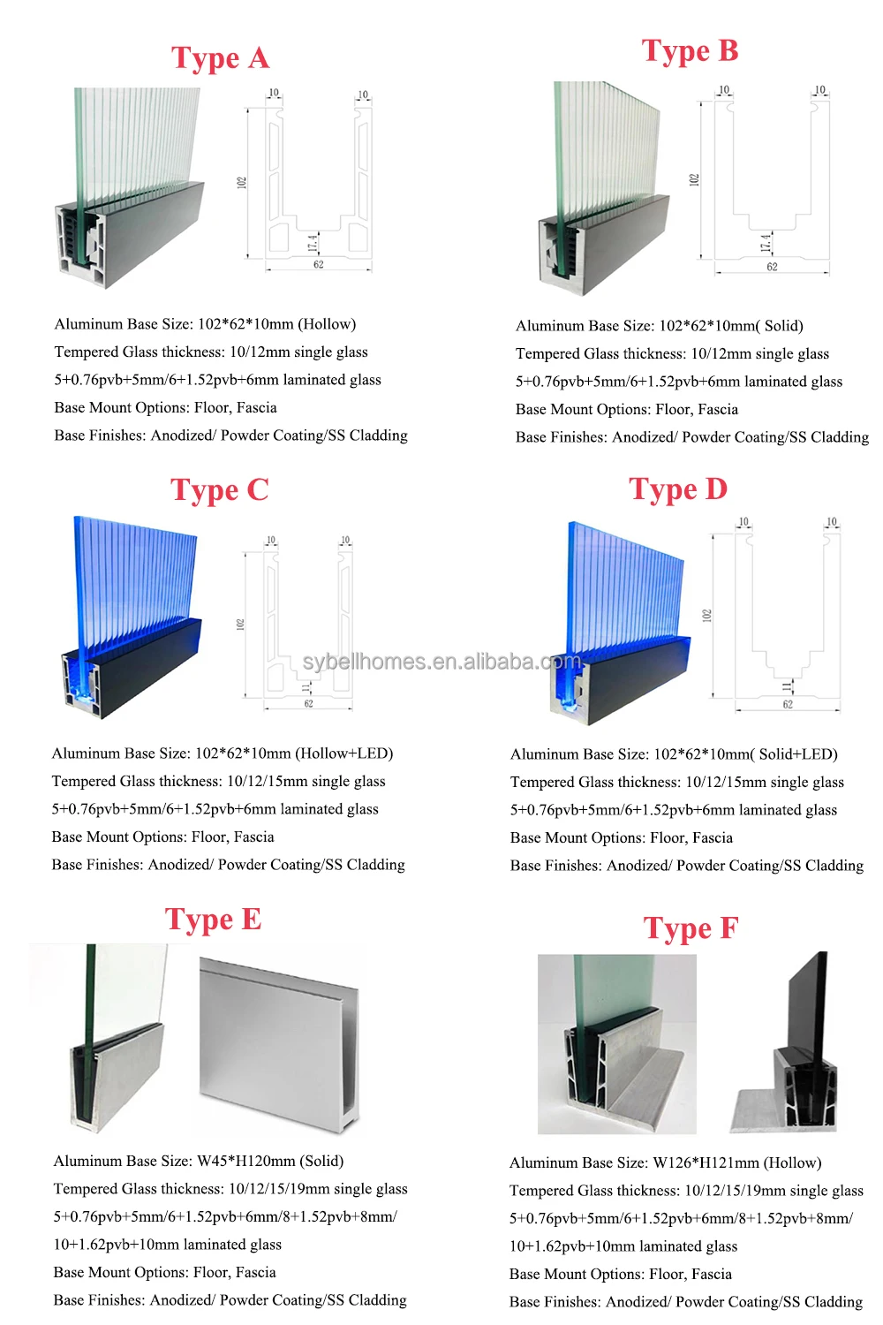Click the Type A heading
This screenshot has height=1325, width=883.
(220, 58)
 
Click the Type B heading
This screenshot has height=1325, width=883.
(690, 51)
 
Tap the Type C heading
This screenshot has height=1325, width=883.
(219, 490)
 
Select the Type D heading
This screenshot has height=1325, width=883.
(678, 489)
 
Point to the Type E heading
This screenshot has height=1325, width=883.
(213, 920)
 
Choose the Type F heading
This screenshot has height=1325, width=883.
(691, 928)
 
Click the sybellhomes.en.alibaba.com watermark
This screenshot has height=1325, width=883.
(441, 662)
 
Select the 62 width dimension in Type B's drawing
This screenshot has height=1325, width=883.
(772, 267)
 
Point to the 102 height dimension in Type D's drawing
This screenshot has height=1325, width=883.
(706, 615)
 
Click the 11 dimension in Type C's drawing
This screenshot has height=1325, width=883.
(306, 687)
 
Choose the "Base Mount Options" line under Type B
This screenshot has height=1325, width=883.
(627, 410)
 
